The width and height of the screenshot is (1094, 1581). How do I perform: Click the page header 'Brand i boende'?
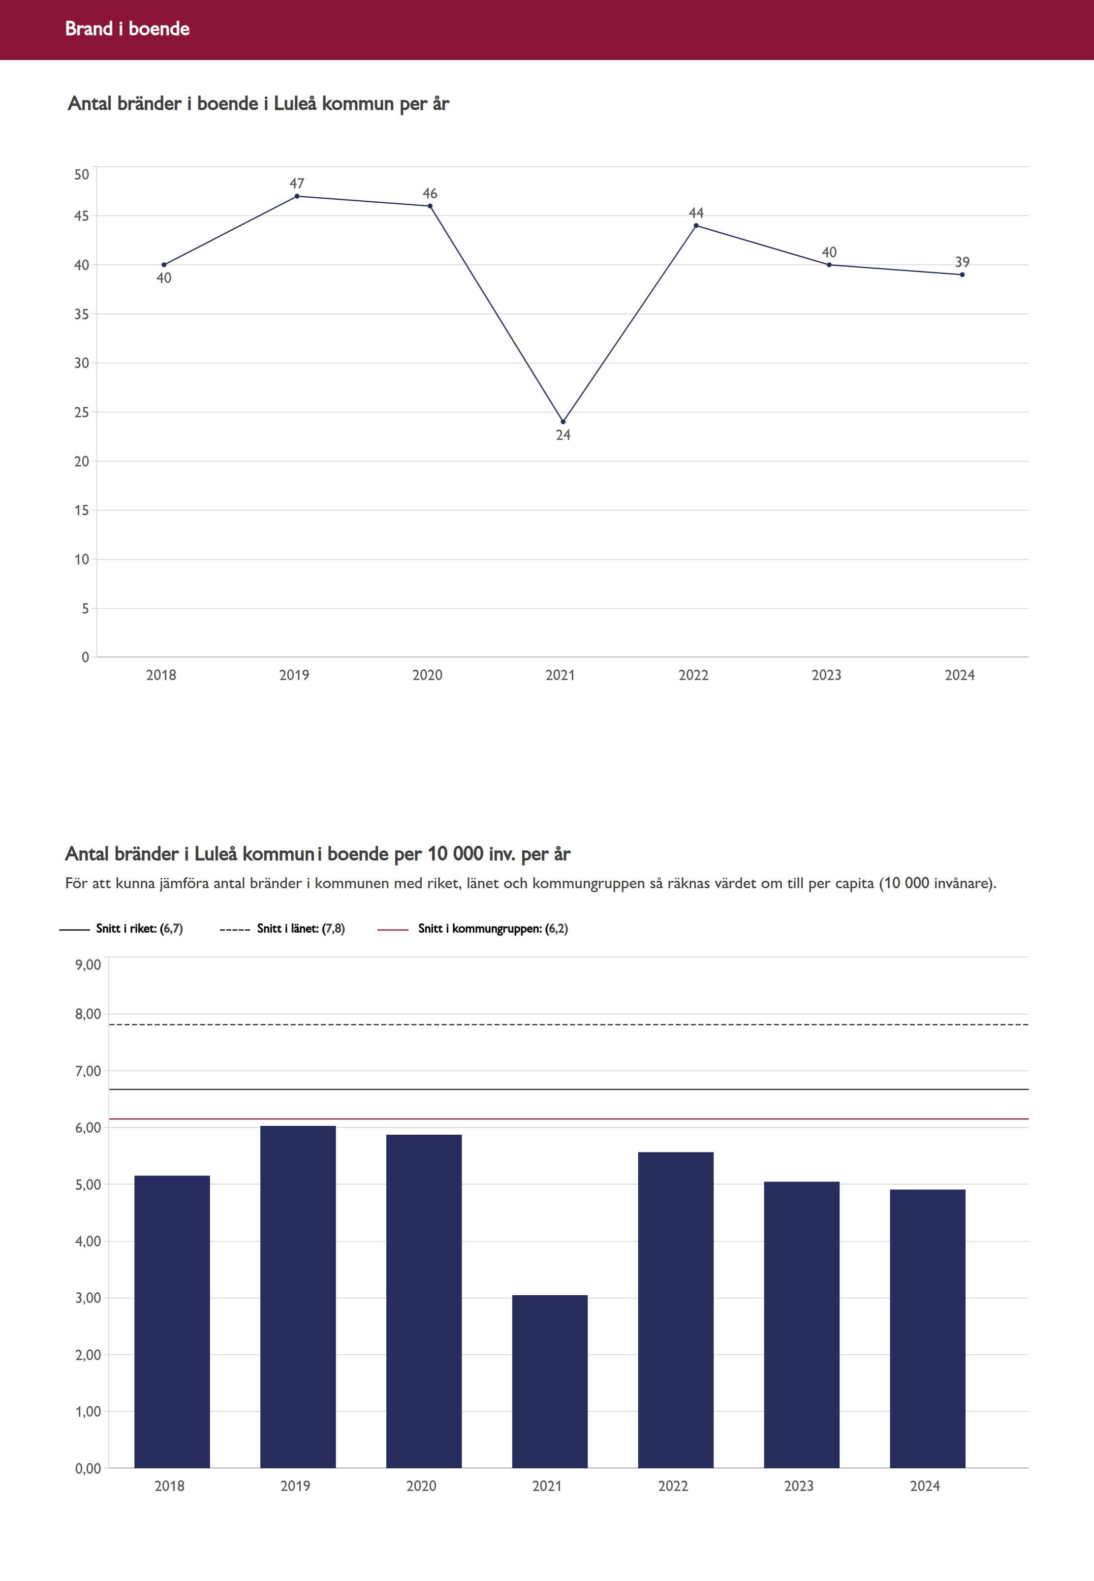point(127,29)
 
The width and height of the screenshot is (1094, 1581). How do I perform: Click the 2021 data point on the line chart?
point(563,422)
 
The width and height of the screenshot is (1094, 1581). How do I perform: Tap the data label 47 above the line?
point(297,184)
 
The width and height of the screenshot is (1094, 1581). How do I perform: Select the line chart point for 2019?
point(297,196)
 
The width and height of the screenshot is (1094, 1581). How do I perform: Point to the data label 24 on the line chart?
point(563,435)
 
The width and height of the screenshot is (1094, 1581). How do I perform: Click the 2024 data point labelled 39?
point(963,275)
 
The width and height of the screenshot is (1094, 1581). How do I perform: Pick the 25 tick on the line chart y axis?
point(82,412)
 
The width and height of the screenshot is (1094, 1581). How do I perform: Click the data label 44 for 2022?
point(696,213)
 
